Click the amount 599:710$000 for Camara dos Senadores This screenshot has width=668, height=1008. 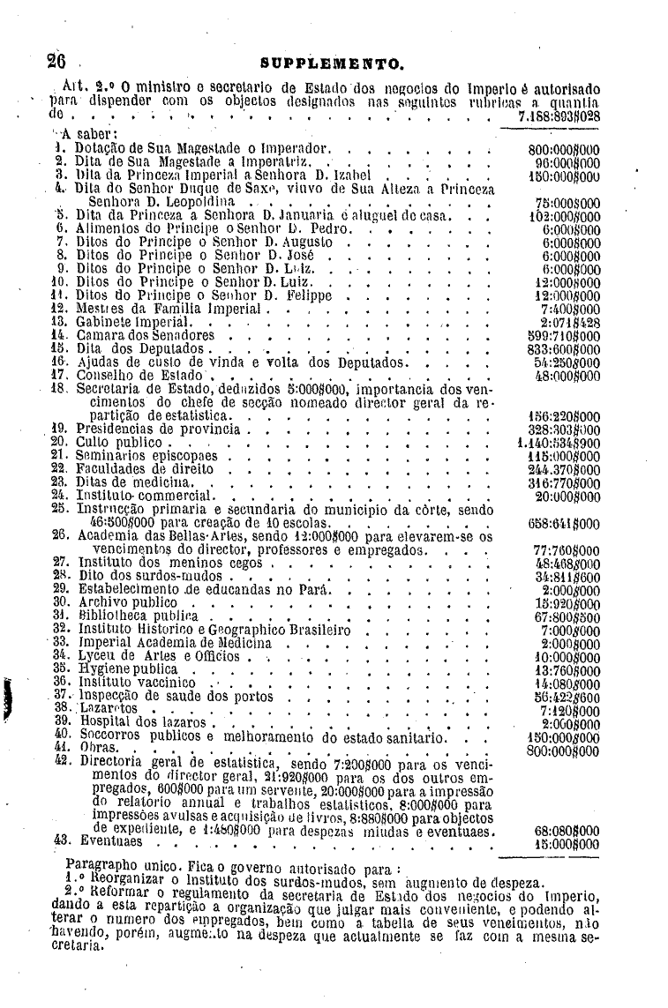(563, 336)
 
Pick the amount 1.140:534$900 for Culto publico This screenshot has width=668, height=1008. (559, 441)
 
